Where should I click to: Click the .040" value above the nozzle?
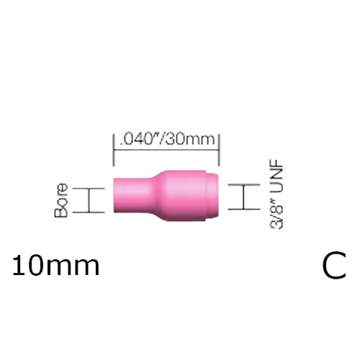(x=137, y=138)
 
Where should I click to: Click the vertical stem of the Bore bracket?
(x=90, y=200)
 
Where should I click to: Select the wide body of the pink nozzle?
(x=184, y=197)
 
